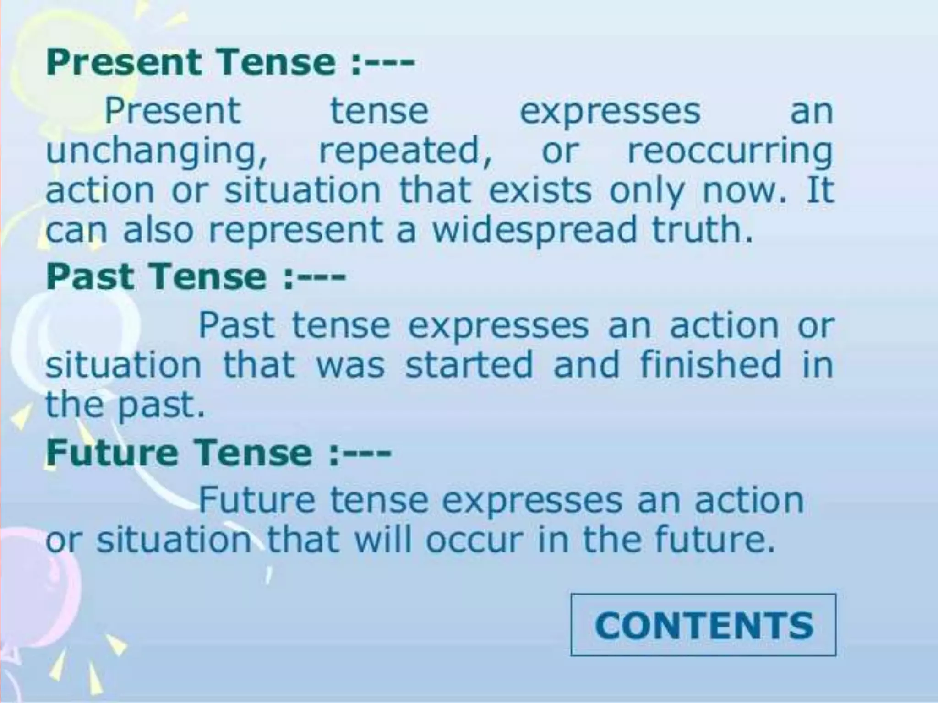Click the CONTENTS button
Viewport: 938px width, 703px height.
703,625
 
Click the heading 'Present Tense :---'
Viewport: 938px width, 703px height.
230,63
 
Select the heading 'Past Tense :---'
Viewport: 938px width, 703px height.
196,277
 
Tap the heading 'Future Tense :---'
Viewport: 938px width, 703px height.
218,452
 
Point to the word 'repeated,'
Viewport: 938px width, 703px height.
406,151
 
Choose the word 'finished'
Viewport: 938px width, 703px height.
710,364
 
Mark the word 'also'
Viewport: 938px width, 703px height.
158,229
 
